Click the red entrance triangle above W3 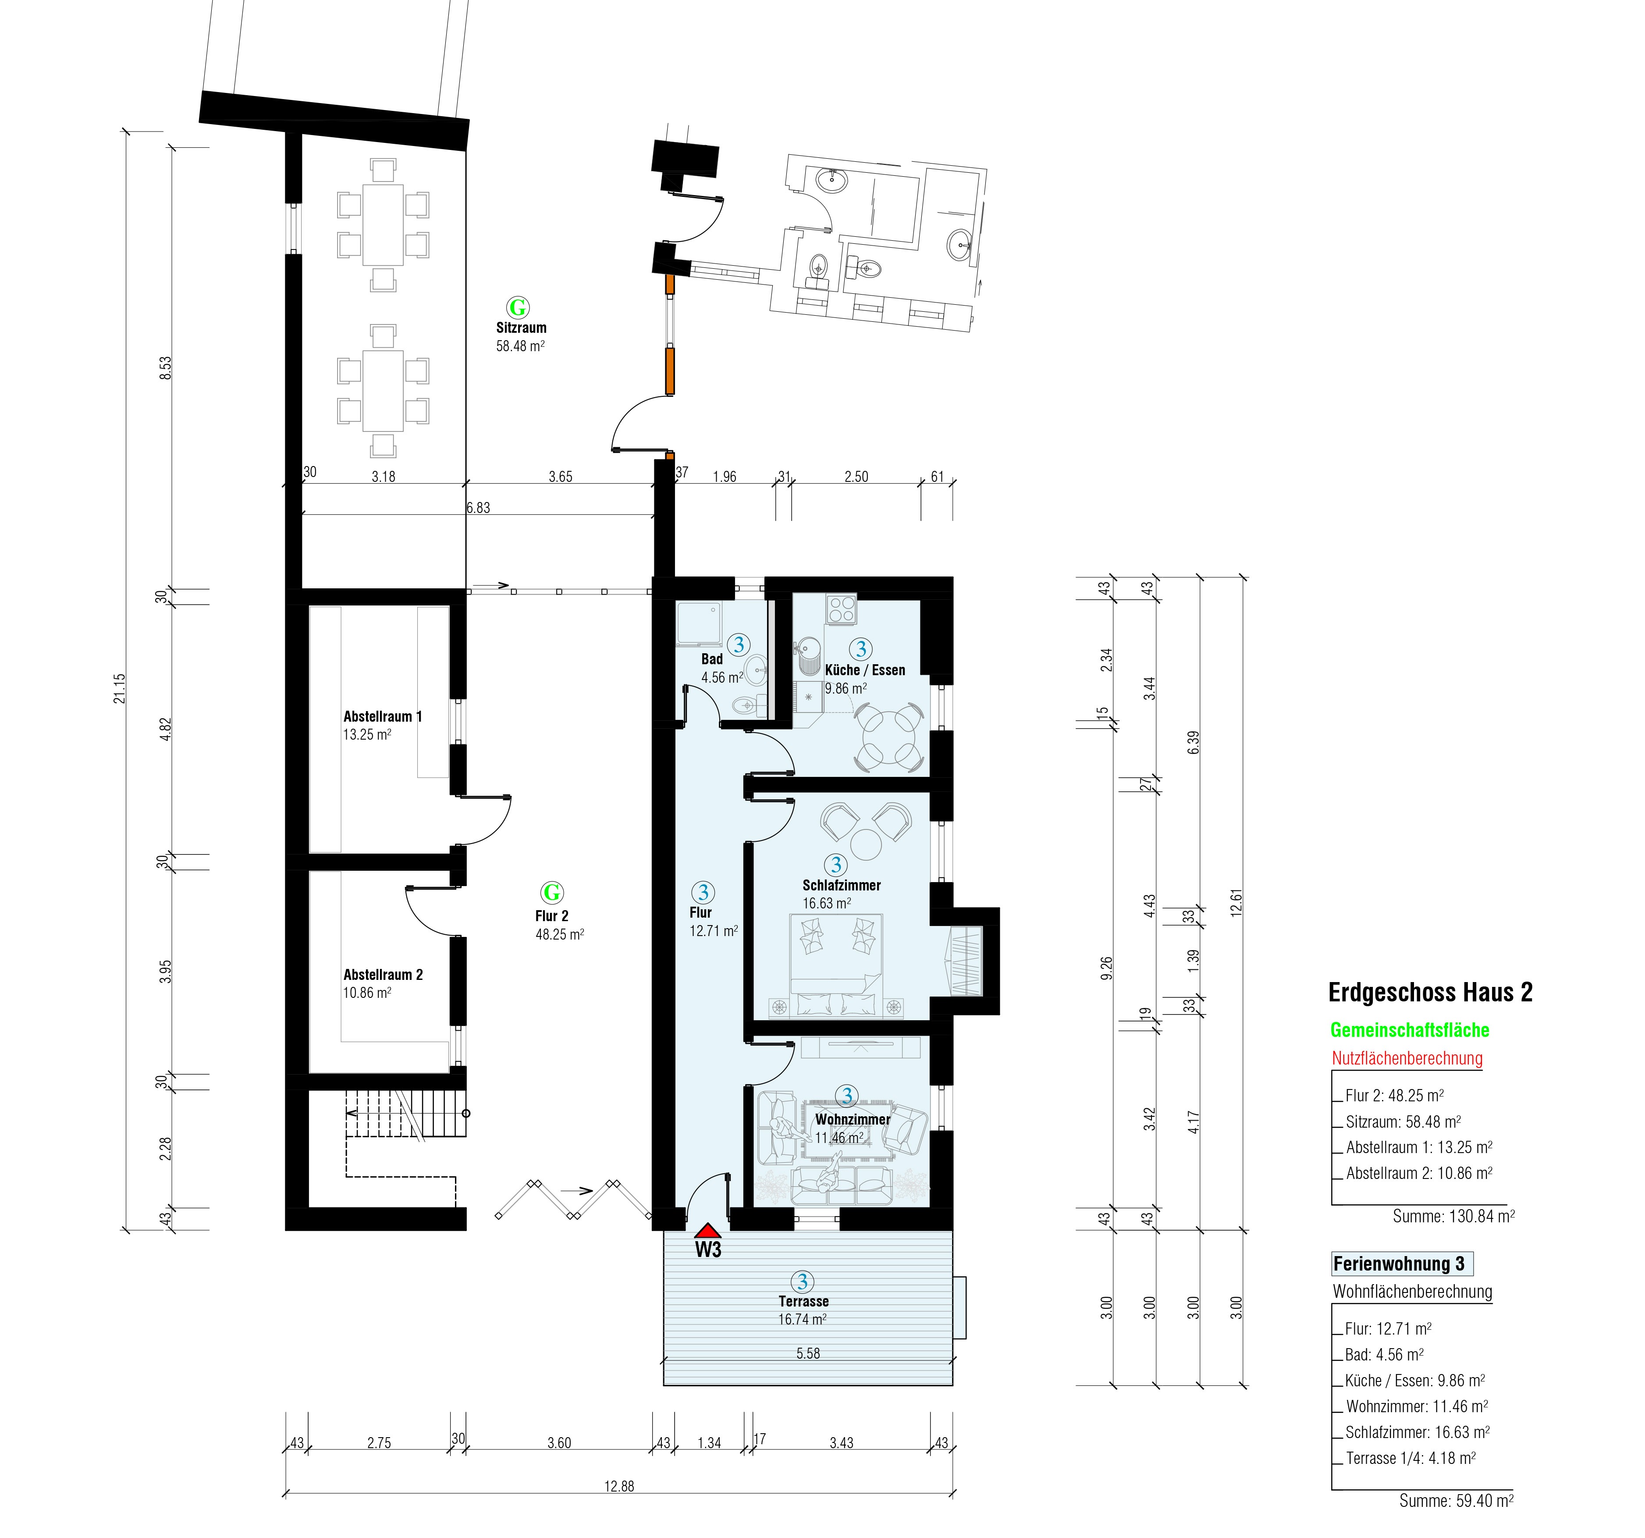click(x=707, y=1231)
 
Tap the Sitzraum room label click(x=521, y=328)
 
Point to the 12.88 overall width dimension click(x=619, y=1486)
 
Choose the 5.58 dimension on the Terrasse click(x=808, y=1353)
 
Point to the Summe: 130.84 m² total click(x=1454, y=1216)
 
